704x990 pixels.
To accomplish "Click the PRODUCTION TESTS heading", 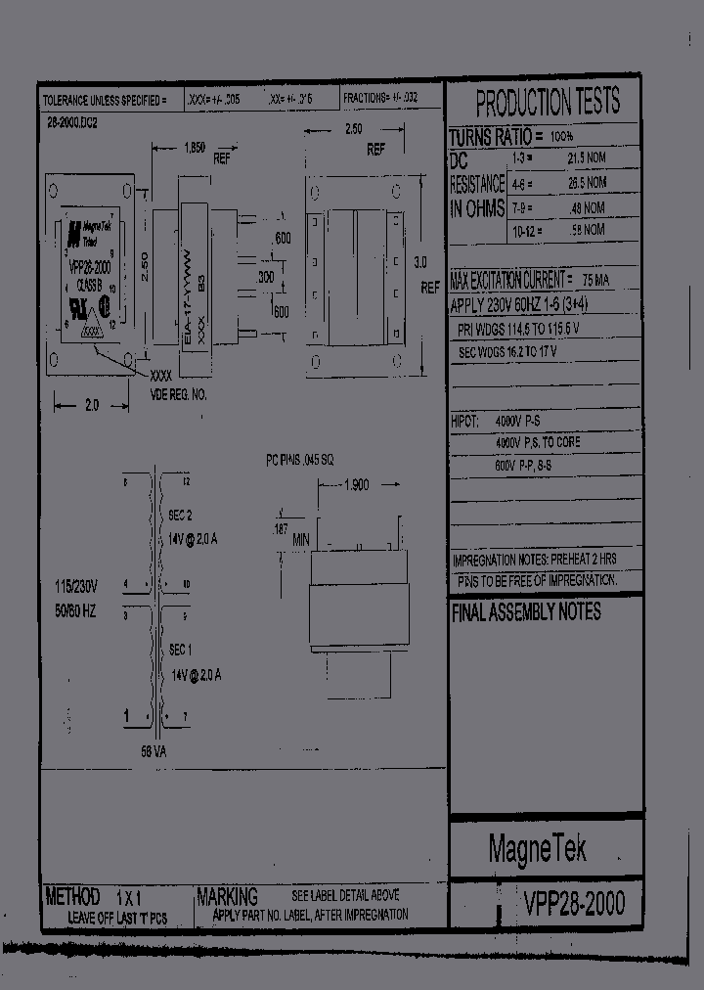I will [547, 102].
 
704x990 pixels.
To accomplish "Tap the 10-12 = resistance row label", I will [527, 230].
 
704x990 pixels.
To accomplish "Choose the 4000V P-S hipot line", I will [525, 420].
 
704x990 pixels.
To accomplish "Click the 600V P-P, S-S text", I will [537, 467].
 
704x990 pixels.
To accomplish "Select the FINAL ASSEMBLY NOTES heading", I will [526, 612].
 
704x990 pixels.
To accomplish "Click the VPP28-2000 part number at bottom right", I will [573, 902].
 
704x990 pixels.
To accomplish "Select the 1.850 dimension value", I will [194, 148].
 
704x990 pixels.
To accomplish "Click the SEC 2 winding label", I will [180, 515].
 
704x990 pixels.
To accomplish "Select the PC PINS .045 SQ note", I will [300, 458].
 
